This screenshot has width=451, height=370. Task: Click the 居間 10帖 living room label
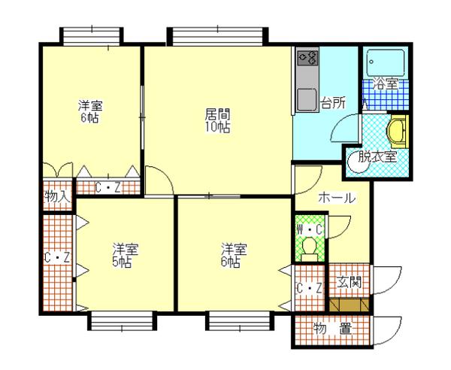click(217, 120)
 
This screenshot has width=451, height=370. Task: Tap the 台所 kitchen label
click(333, 103)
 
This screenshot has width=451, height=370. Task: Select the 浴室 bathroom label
click(386, 83)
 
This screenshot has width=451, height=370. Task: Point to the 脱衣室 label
click(377, 157)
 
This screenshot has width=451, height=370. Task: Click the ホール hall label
click(337, 198)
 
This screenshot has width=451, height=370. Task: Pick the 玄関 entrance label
click(350, 282)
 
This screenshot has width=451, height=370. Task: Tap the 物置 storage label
click(332, 329)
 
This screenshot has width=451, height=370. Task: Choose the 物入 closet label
click(58, 197)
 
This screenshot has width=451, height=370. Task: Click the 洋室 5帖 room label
click(126, 256)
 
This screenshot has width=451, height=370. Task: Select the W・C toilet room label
click(310, 229)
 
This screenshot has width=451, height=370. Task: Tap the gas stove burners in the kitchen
click(308, 58)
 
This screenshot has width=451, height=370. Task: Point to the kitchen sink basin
click(307, 99)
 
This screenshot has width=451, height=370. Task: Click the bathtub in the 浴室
click(386, 63)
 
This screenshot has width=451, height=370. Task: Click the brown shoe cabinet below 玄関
click(350, 305)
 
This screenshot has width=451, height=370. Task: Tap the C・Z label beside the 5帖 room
click(58, 258)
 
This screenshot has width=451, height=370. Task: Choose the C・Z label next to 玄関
click(310, 288)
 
